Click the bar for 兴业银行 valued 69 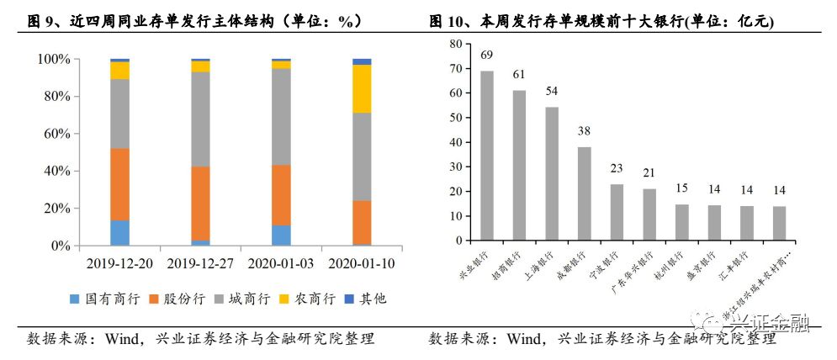(x=487, y=156)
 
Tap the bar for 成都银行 (x=584, y=194)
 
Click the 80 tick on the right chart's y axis (x=456, y=45)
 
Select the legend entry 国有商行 (x=100, y=299)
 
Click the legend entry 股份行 (x=170, y=299)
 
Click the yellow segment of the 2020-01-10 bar (x=362, y=88)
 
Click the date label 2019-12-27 (x=200, y=262)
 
